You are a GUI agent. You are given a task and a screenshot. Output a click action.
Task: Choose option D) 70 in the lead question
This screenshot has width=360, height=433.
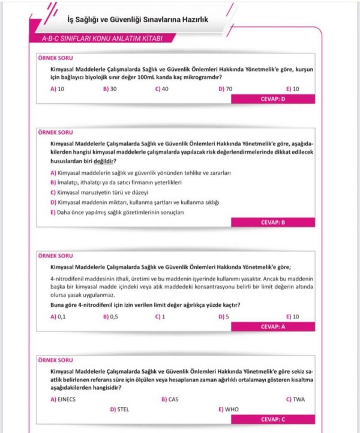click(226, 89)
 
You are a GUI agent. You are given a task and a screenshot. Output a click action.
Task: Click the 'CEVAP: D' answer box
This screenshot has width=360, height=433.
click(273, 99)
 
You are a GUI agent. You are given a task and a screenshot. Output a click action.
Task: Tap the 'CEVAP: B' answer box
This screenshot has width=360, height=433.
click(273, 222)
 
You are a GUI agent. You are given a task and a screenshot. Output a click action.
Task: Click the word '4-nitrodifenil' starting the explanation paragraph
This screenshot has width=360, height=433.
click(68, 279)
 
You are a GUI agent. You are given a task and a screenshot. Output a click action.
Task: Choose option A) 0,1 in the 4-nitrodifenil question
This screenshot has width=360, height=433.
click(58, 316)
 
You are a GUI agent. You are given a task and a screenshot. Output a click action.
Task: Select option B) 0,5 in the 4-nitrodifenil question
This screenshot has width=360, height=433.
click(110, 316)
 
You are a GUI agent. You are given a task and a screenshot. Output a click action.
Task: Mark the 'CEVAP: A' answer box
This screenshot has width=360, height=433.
click(273, 326)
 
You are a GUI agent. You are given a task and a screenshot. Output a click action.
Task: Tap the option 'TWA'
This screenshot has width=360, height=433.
click(296, 399)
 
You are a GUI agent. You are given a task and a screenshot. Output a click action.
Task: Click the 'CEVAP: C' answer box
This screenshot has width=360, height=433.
click(273, 419)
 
